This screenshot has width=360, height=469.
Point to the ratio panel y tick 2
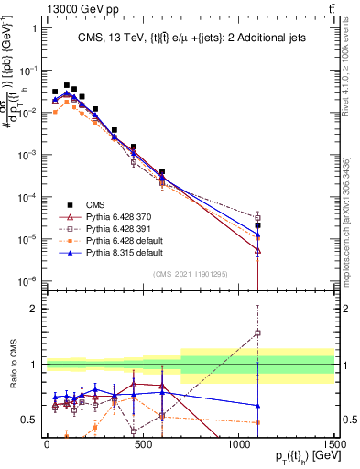[x=34, y=309]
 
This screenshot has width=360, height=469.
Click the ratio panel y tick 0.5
[x=31, y=420]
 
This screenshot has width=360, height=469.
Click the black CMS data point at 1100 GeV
[x=258, y=224]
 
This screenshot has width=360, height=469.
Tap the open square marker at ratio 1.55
[x=258, y=333]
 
